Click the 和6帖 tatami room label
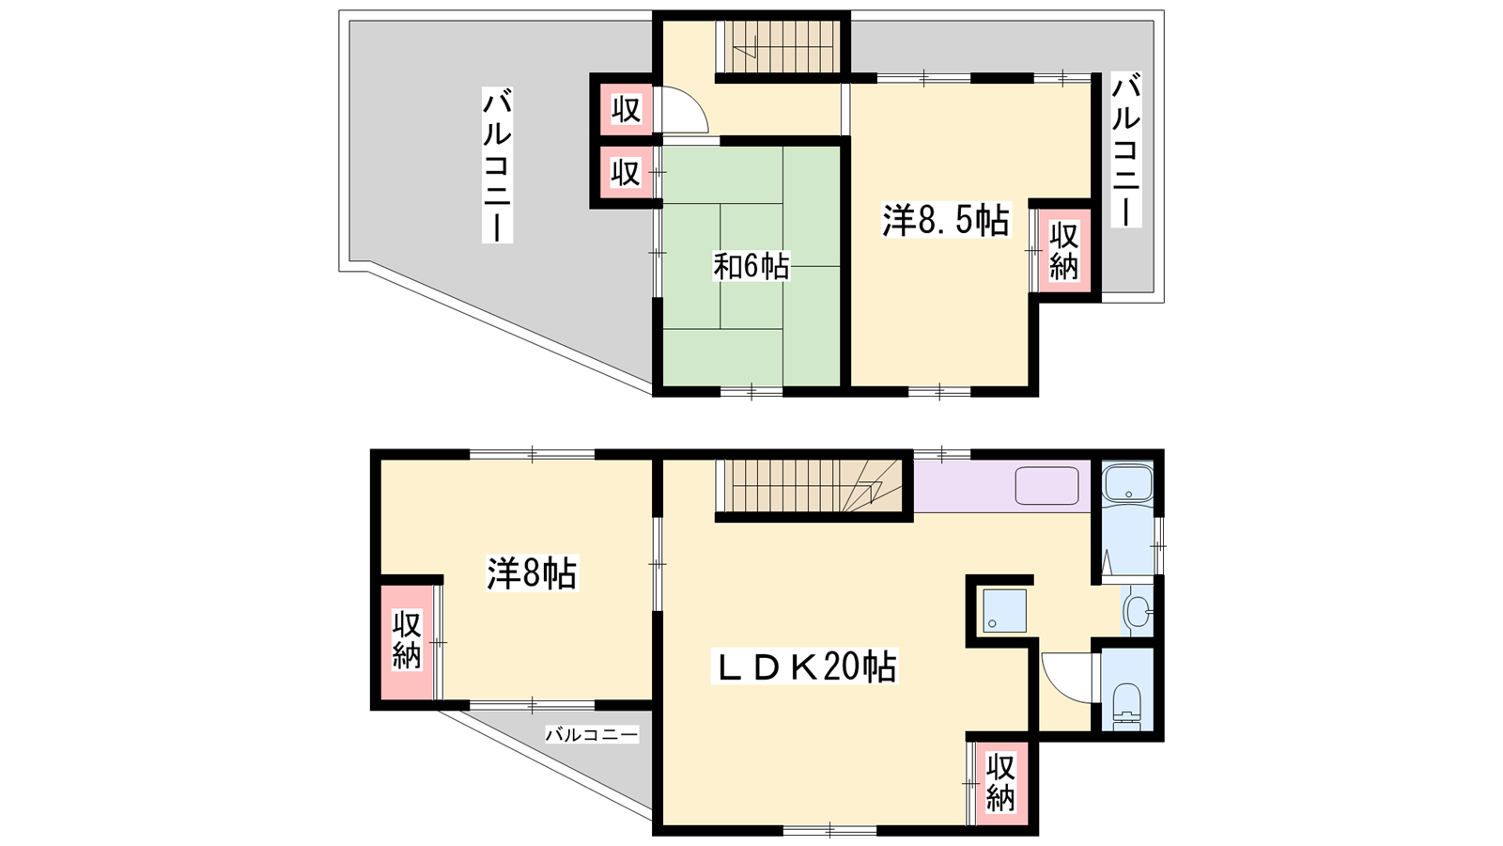[x=751, y=267]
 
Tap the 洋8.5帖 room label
[x=945, y=220]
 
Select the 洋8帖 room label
[x=532, y=573]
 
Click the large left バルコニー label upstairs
[x=497, y=167]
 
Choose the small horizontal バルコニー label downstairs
[x=591, y=734]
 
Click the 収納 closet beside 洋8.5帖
[x=1064, y=251]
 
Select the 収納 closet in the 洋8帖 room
[x=407, y=640]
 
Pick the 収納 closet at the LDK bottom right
[x=1000, y=782]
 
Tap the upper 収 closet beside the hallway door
[x=626, y=108]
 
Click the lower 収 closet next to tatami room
[x=626, y=173]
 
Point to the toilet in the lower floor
[x=1126, y=706]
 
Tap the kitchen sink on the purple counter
[x=1046, y=485]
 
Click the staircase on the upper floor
[x=779, y=46]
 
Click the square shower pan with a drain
[x=1004, y=610]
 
